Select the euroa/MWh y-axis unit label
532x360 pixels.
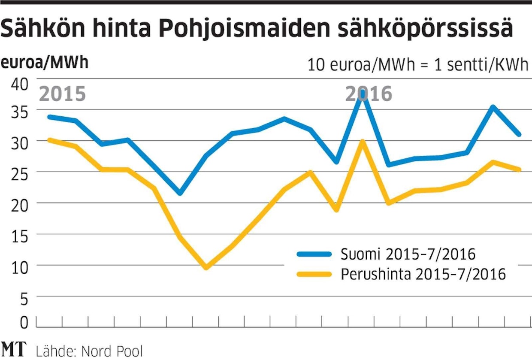(x=44, y=63)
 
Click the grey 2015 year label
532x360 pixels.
(x=63, y=94)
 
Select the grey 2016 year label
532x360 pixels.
(x=369, y=94)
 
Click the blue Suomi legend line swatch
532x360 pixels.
(x=314, y=254)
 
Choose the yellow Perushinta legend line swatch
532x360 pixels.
(x=314, y=274)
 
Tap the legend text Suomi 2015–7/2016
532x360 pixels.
(x=408, y=254)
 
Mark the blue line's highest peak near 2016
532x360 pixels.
(x=363, y=91)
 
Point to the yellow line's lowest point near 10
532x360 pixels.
(x=206, y=267)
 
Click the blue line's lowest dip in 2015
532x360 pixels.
(x=180, y=193)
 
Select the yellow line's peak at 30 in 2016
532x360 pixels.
(x=363, y=141)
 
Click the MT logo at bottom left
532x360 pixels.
(x=14, y=349)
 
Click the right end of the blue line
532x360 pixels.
(x=519, y=134)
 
